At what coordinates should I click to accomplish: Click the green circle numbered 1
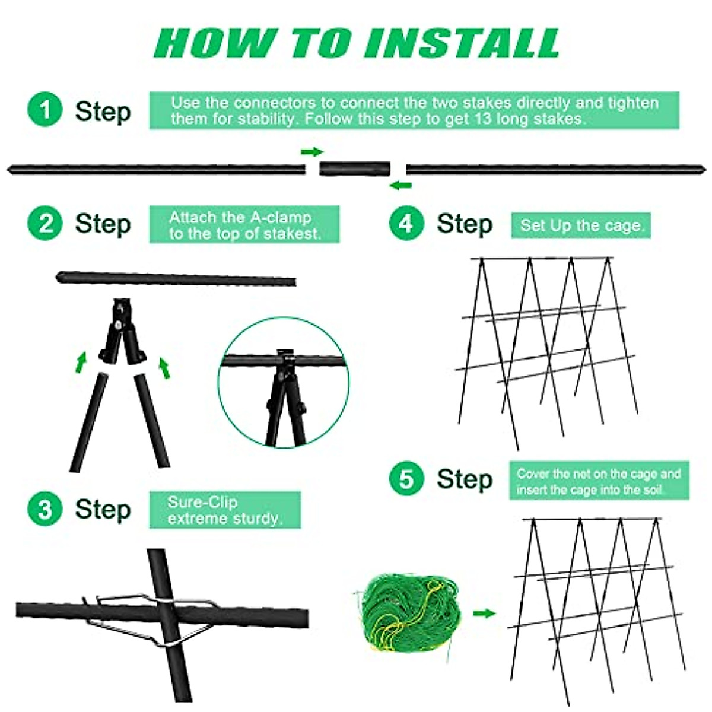pyautogui.click(x=45, y=109)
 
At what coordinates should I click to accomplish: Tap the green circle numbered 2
pyautogui.click(x=45, y=224)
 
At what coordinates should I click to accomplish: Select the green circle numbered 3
pyautogui.click(x=45, y=508)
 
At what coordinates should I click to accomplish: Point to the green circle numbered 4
pyautogui.click(x=406, y=224)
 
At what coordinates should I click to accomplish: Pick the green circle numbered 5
pyautogui.click(x=406, y=479)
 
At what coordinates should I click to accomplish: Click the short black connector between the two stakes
pyautogui.click(x=355, y=169)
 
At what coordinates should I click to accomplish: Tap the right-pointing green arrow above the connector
pyautogui.click(x=312, y=151)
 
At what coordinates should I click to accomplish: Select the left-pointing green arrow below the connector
pyautogui.click(x=401, y=185)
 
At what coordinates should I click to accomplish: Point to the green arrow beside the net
pyautogui.click(x=484, y=614)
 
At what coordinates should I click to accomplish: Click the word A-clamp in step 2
pyautogui.click(x=281, y=217)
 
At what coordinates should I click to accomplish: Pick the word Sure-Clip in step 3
pyautogui.click(x=202, y=503)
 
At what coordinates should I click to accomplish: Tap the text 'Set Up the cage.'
pyautogui.click(x=581, y=225)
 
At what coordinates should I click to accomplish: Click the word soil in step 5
pyautogui.click(x=654, y=490)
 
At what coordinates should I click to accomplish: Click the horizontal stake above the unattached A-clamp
pyautogui.click(x=176, y=278)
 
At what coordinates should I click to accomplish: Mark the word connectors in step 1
pyautogui.click(x=275, y=103)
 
